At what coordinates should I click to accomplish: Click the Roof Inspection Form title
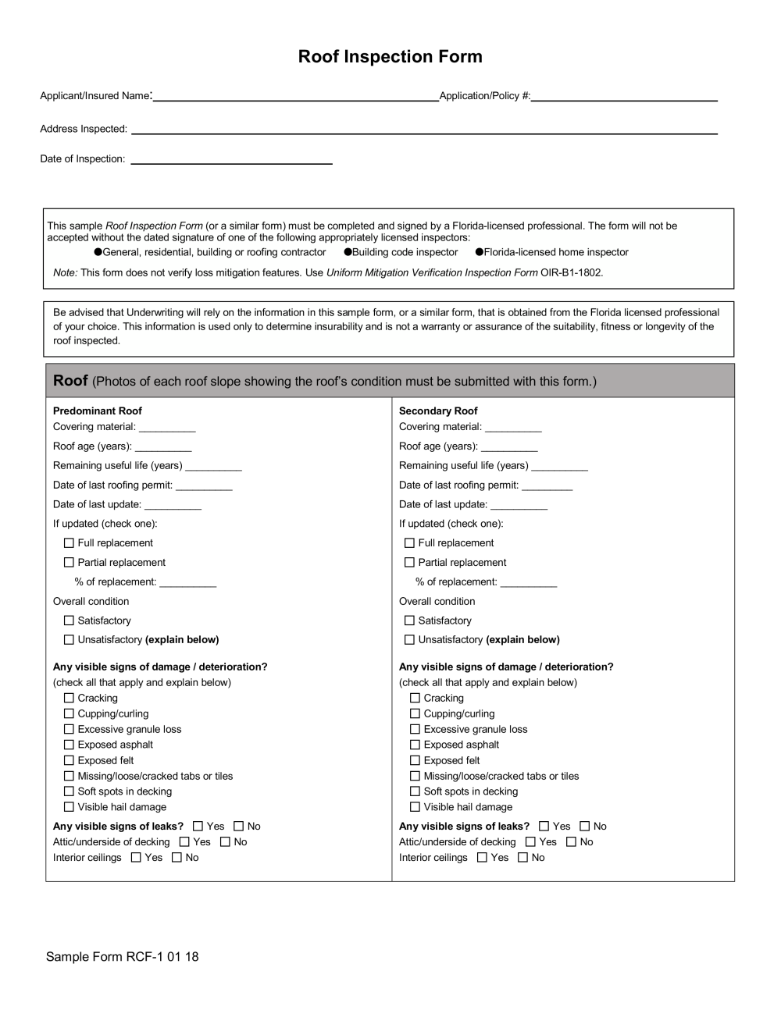(x=390, y=57)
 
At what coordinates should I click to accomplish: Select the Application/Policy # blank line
(x=624, y=98)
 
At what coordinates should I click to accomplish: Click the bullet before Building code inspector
(x=348, y=252)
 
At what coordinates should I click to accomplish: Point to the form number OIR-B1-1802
(x=572, y=273)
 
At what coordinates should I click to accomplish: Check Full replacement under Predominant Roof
(x=69, y=543)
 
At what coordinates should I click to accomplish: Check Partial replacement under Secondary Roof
(x=409, y=563)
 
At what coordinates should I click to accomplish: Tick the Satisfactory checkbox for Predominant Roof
(x=69, y=621)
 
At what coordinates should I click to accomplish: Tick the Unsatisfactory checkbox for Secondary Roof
(x=409, y=640)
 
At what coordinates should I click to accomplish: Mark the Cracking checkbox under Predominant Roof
(x=69, y=699)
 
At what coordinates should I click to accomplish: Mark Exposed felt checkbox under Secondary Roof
(x=415, y=760)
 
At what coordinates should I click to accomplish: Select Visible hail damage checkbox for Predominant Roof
(x=69, y=807)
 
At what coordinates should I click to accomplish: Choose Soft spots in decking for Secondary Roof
(x=415, y=791)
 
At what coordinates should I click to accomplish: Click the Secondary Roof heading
(x=438, y=411)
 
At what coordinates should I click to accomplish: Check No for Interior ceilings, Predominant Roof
(x=177, y=858)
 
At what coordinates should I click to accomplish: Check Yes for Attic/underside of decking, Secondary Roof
(x=531, y=842)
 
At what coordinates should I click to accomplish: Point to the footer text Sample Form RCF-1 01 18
(x=122, y=957)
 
